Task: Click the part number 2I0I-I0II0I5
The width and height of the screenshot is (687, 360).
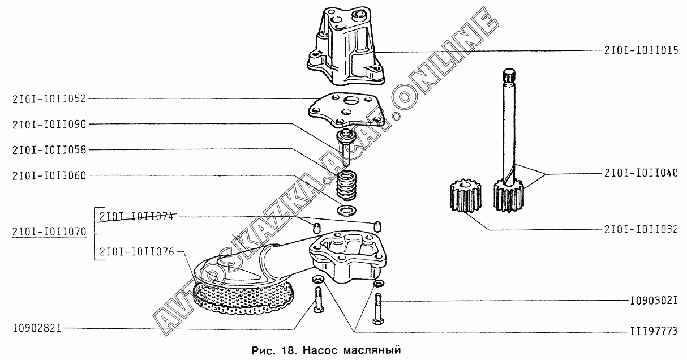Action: click(x=641, y=50)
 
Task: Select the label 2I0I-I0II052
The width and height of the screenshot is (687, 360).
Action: click(x=49, y=99)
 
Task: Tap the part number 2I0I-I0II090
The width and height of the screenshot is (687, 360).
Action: click(x=49, y=125)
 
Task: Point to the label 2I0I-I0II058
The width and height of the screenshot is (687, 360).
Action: click(x=49, y=150)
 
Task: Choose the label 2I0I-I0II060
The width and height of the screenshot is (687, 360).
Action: click(x=49, y=175)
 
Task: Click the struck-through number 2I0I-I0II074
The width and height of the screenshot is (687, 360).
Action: click(x=136, y=216)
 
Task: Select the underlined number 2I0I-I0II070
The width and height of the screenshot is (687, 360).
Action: click(x=49, y=232)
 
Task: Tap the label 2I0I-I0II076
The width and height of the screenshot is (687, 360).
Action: click(x=136, y=252)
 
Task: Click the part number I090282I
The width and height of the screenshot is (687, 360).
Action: click(x=37, y=329)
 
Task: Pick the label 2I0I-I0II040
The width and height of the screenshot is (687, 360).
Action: click(x=641, y=173)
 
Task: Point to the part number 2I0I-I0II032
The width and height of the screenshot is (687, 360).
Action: click(x=641, y=229)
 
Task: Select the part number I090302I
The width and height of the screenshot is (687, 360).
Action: click(x=654, y=301)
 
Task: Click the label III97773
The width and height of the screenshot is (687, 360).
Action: click(x=654, y=331)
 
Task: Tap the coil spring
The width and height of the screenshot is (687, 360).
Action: click(x=346, y=186)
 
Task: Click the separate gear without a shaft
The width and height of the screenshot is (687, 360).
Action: click(x=465, y=196)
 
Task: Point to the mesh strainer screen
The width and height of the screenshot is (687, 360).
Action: click(x=244, y=297)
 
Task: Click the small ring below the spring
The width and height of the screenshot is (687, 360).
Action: click(x=346, y=211)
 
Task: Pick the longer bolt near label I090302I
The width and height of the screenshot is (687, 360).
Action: click(x=378, y=308)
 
